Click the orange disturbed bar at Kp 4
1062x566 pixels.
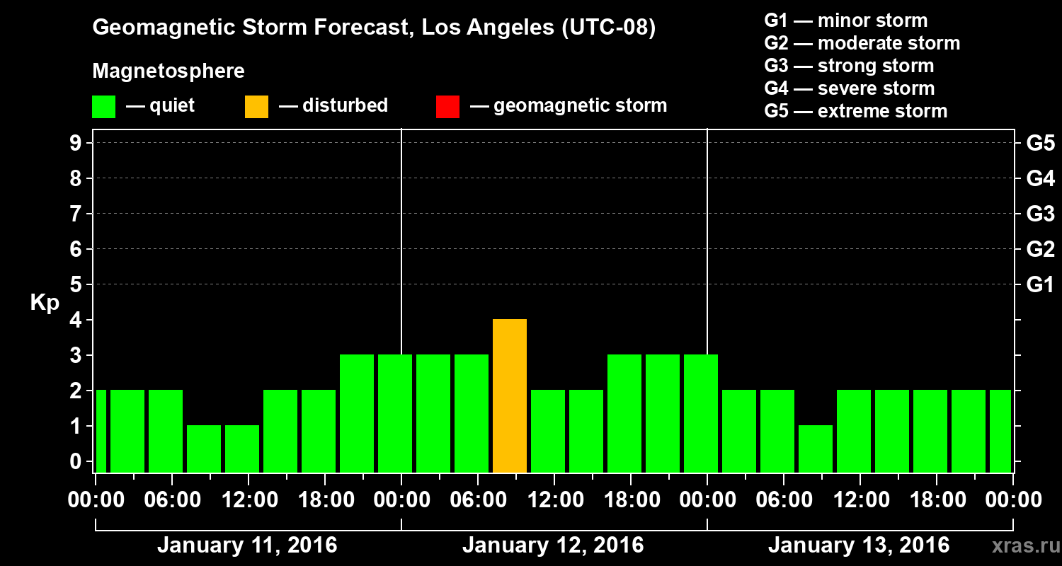[510, 395]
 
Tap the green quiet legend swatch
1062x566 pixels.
[103, 106]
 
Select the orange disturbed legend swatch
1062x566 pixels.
[256, 106]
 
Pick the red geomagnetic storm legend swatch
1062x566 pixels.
[447, 106]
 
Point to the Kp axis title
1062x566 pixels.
[45, 303]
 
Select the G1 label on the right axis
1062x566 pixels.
[1040, 285]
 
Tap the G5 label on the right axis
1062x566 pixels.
[1040, 144]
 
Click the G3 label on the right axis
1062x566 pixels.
[1040, 214]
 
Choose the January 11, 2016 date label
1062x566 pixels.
[247, 545]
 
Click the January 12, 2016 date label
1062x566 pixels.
[553, 545]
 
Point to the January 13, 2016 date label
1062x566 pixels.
[859, 545]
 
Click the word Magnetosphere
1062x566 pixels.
[169, 71]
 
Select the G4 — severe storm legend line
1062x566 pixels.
[849, 88]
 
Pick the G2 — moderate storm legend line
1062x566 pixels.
[862, 43]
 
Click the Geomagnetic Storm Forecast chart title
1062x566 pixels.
[374, 28]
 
